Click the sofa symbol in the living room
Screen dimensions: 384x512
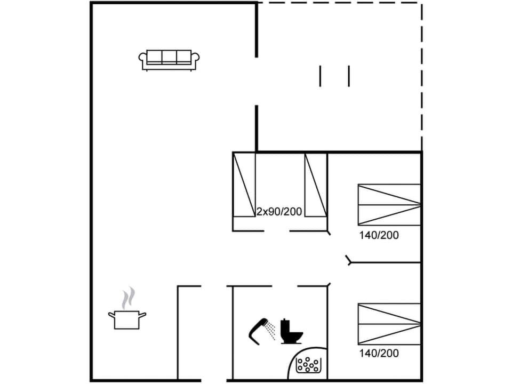click(x=169, y=59)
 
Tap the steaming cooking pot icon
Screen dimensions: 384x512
click(x=127, y=319)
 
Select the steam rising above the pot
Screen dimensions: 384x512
click(x=127, y=298)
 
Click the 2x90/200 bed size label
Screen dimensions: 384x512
click(x=279, y=212)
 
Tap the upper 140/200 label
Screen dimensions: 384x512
click(x=379, y=235)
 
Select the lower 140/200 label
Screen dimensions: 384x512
click(x=379, y=353)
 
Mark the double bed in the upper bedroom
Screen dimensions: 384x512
click(x=389, y=204)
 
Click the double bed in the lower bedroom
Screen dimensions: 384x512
click(x=389, y=324)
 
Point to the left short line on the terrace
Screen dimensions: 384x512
click(x=321, y=76)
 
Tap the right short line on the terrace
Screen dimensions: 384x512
click(x=349, y=76)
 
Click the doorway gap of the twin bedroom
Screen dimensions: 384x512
click(x=277, y=231)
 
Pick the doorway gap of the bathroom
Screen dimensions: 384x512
click(x=283, y=286)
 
